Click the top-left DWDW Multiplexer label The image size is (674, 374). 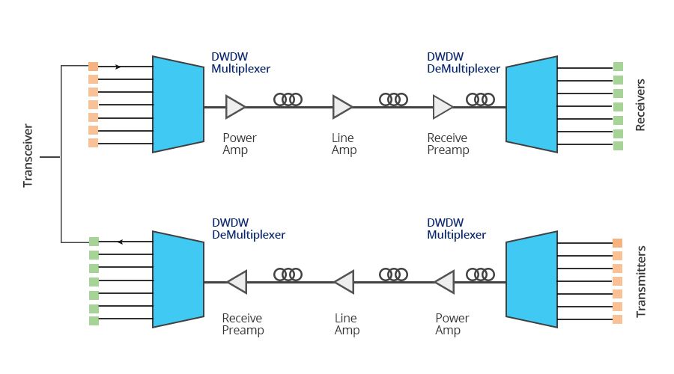tap(240, 63)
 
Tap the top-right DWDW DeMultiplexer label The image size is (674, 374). tap(463, 63)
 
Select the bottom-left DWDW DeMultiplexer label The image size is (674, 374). tap(248, 229)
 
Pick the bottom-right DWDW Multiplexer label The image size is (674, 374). tap(456, 229)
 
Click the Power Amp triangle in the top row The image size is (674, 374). tap(235, 107)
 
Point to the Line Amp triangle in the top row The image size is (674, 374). tap(342, 107)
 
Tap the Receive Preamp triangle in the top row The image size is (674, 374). tap(442, 107)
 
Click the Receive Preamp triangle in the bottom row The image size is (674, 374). tap(237, 282)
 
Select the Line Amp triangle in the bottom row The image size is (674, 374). tap(344, 282)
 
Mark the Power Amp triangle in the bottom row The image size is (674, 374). tap(444, 282)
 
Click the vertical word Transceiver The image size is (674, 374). tap(28, 158)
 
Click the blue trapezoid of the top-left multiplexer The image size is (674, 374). tap(178, 104)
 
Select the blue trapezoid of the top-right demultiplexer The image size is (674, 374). tap(531, 104)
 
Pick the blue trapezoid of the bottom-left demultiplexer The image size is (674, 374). tap(178, 279)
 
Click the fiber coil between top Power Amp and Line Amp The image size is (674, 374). tap(288, 99)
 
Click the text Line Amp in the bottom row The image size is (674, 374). tap(347, 324)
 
